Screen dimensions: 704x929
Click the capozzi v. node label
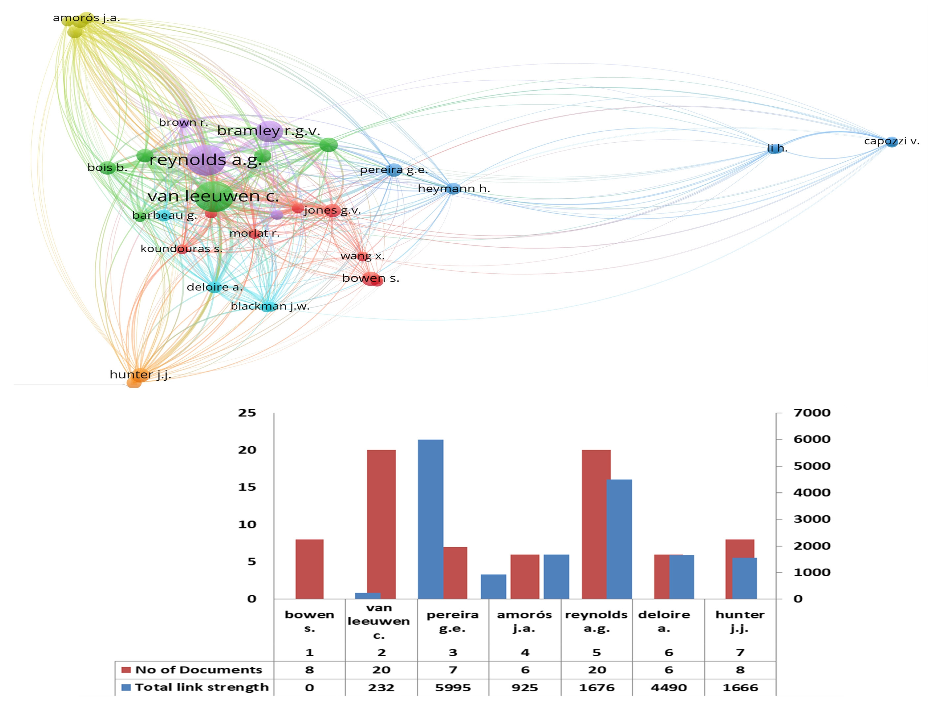(891, 141)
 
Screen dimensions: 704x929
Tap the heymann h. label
(454, 189)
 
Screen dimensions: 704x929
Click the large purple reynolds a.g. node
(206, 160)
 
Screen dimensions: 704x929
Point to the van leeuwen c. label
(213, 196)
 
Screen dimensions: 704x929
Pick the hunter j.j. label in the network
(140, 375)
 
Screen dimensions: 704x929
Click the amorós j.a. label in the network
(86, 18)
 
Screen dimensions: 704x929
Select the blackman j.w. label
(270, 306)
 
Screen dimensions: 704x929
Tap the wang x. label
(362, 256)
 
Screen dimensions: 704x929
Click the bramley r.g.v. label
(268, 131)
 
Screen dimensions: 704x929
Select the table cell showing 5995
(453, 688)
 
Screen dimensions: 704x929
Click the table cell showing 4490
(669, 688)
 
